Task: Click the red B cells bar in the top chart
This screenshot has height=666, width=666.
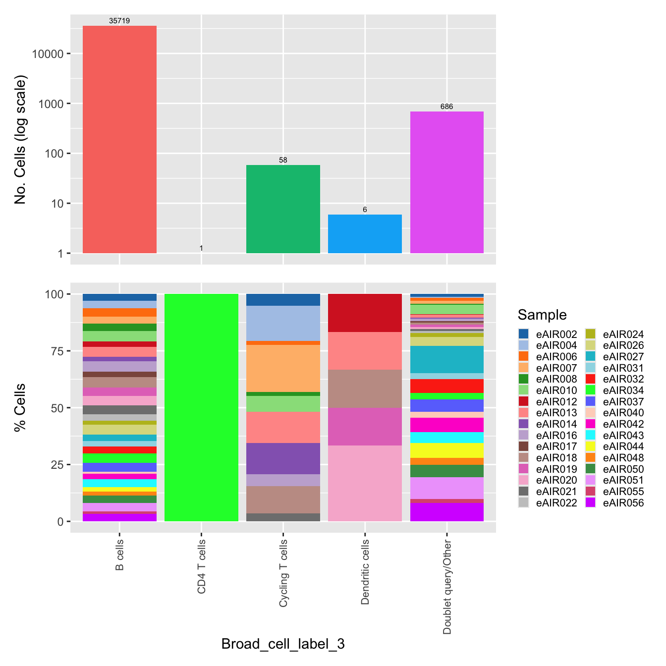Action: point(119,139)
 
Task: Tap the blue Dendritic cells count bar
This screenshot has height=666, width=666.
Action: point(365,234)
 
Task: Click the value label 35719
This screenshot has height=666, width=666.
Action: point(119,21)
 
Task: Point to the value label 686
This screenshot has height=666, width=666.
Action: point(446,107)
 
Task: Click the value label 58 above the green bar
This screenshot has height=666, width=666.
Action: point(283,160)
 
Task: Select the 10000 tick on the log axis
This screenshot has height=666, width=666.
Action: point(48,54)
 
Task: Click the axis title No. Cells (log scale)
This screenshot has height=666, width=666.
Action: point(20,140)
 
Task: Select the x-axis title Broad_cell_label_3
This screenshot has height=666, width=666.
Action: point(283,644)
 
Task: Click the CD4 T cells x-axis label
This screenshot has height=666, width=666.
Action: point(201,566)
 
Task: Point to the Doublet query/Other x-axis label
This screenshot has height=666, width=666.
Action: point(447,587)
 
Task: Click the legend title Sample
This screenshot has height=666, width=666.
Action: point(542,315)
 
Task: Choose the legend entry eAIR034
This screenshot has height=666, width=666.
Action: point(622,390)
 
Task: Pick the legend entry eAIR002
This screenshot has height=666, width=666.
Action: point(556,334)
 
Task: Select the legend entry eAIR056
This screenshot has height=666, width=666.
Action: point(622,503)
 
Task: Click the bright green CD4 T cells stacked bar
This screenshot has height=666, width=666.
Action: point(201,407)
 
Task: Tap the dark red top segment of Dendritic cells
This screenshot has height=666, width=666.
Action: point(365,313)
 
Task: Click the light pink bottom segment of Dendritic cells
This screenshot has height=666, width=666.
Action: point(365,483)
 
